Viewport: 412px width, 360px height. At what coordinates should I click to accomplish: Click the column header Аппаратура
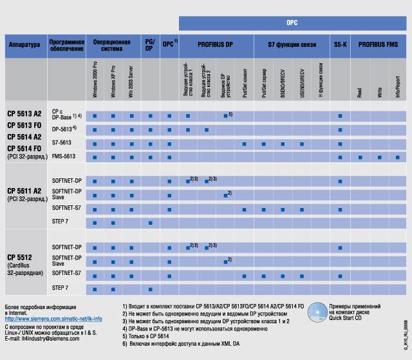[x=24, y=46]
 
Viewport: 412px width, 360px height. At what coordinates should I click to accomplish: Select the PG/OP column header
[x=150, y=46]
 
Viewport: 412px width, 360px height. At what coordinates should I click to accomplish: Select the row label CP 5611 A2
[x=24, y=191]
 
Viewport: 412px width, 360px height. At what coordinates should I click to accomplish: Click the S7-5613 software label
[x=62, y=142]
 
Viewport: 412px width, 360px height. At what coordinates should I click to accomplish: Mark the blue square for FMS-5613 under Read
[x=360, y=157]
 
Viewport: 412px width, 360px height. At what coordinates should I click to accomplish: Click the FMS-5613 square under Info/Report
[x=398, y=157]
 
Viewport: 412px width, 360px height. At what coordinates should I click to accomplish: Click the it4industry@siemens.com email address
[x=43, y=338]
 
